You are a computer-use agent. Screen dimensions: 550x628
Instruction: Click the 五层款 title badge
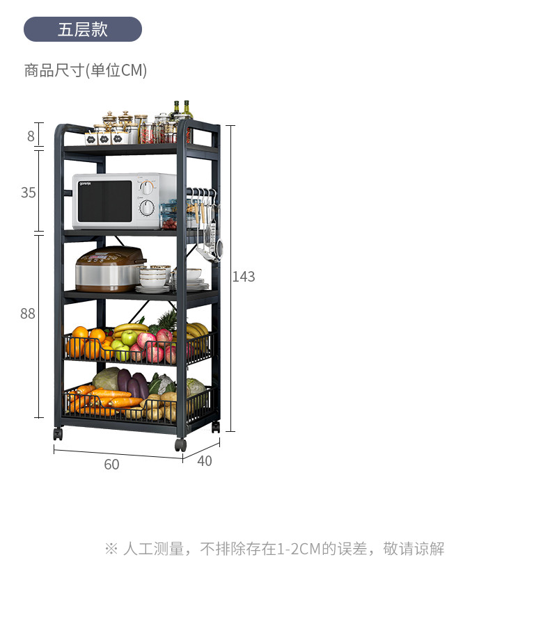(83, 29)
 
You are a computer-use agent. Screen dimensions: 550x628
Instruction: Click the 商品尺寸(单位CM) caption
(86, 70)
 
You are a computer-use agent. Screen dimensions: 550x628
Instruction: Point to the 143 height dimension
(244, 277)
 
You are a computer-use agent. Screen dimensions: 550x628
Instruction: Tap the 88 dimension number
(28, 314)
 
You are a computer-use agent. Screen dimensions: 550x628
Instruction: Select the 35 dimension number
(28, 193)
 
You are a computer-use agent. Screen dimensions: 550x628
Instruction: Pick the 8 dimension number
(31, 136)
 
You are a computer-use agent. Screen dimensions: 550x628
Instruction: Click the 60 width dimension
(111, 465)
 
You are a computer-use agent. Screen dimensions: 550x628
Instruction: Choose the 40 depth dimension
(205, 460)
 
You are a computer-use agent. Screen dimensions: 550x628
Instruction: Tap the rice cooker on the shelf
(110, 269)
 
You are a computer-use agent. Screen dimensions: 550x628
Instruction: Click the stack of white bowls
(154, 277)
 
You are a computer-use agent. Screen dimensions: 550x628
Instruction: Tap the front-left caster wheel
(58, 434)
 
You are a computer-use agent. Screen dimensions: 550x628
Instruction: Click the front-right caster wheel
(181, 444)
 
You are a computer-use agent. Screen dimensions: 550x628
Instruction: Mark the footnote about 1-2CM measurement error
(274, 549)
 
